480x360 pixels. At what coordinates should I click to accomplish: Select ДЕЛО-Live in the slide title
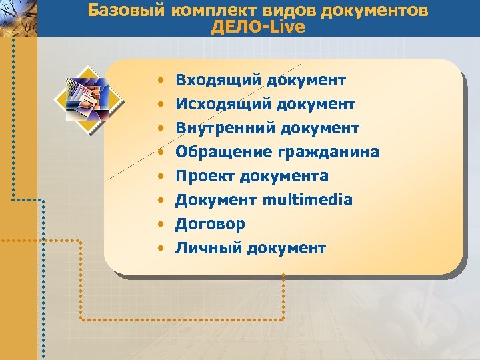257,27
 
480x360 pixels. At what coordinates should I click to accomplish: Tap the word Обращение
221,153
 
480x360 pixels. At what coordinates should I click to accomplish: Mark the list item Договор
210,225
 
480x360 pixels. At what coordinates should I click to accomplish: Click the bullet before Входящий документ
161,81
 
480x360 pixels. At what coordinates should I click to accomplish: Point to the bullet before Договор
161,225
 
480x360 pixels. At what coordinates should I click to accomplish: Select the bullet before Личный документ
161,249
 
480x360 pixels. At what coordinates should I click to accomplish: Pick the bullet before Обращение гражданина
161,153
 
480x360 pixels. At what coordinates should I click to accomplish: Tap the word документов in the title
376,11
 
